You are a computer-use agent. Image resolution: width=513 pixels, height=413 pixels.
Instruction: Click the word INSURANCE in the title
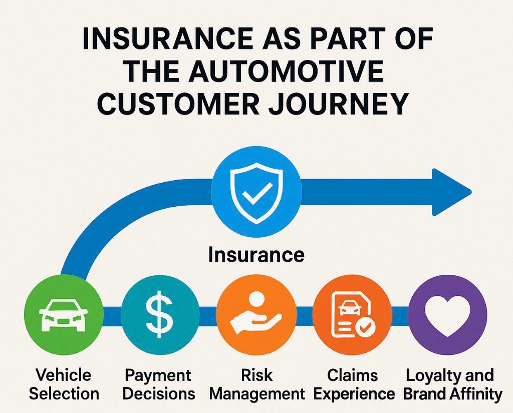(x=167, y=38)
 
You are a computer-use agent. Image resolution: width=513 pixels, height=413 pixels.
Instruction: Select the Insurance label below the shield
(x=256, y=255)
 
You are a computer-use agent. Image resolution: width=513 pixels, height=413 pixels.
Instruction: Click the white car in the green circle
(x=63, y=315)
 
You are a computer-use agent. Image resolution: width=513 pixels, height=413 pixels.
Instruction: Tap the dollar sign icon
(x=159, y=315)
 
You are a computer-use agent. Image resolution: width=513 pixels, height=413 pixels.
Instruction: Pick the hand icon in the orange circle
(x=255, y=324)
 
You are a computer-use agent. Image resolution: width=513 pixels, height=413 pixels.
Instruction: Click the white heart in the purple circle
(x=447, y=313)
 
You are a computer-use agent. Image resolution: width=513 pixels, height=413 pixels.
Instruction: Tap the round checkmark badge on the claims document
(x=365, y=328)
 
